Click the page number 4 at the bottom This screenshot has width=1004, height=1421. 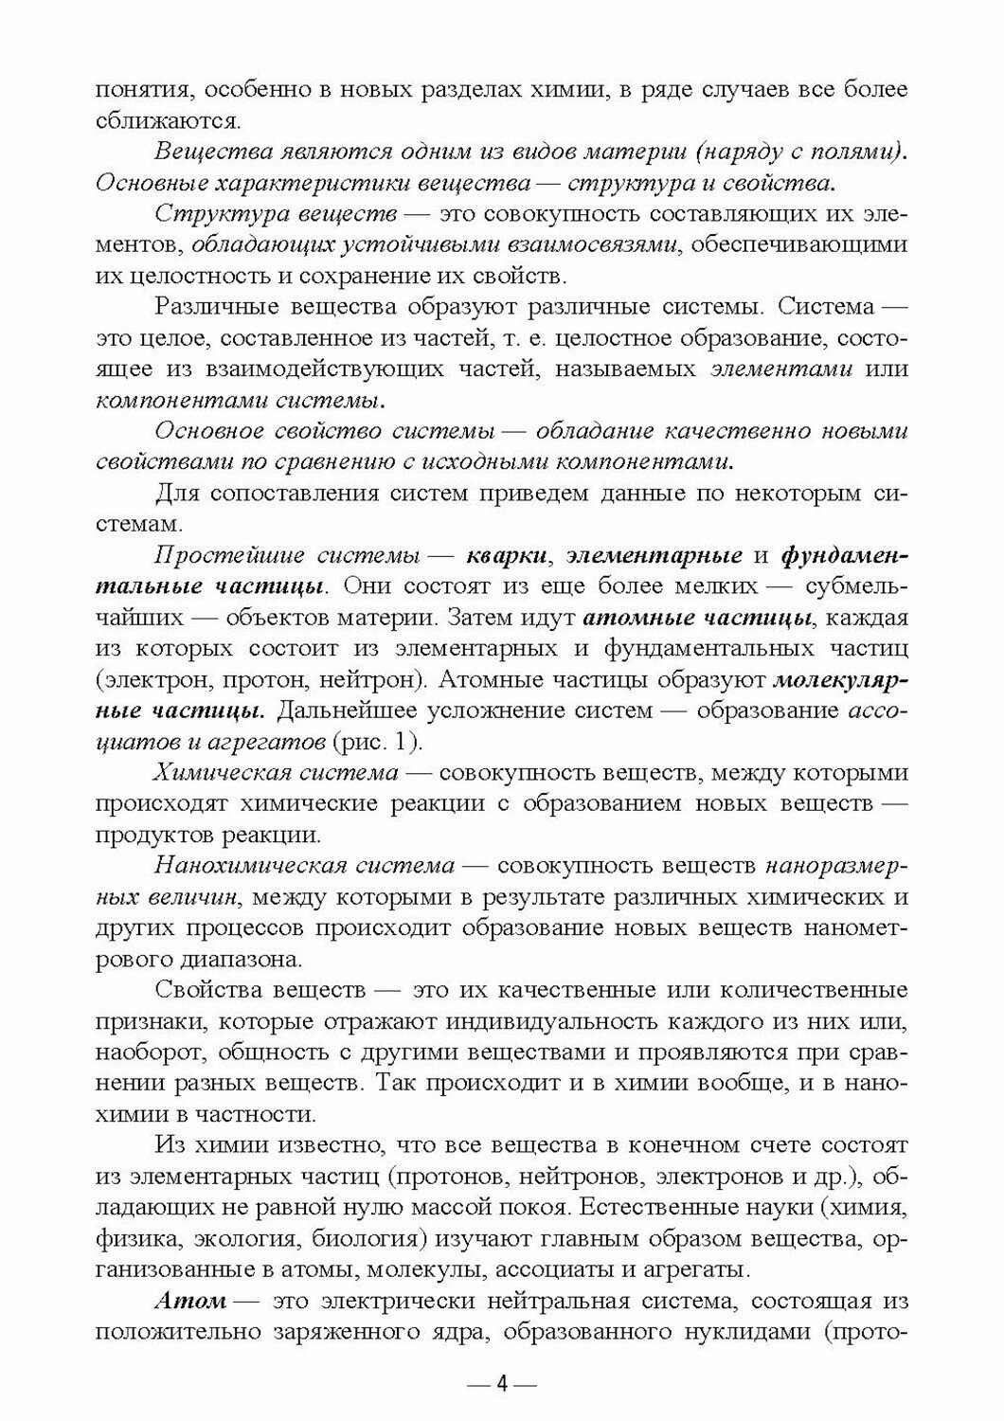[503, 1384]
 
